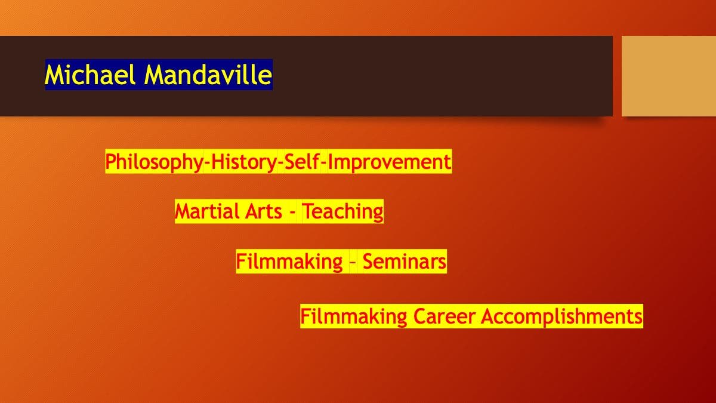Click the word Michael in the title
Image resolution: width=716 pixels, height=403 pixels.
90,75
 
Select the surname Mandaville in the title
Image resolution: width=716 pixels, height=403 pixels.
208,75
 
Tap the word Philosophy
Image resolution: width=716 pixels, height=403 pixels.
155,162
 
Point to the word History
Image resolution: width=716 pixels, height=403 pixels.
244,162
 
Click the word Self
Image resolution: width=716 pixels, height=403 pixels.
302,161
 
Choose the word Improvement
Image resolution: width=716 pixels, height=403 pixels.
389,162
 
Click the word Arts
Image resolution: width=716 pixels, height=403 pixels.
264,211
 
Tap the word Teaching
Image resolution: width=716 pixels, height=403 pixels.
342,212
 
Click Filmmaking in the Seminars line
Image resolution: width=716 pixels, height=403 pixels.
289,262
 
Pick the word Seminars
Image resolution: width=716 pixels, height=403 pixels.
405,262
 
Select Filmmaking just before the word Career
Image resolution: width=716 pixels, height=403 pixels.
353,316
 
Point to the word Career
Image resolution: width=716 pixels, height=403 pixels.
445,316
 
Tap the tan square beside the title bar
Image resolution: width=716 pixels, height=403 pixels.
669,76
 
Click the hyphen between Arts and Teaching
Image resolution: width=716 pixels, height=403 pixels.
292,213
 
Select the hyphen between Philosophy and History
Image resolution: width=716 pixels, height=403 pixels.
208,163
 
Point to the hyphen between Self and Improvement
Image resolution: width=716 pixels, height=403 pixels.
323,163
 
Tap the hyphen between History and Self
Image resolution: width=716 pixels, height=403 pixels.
281,163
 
